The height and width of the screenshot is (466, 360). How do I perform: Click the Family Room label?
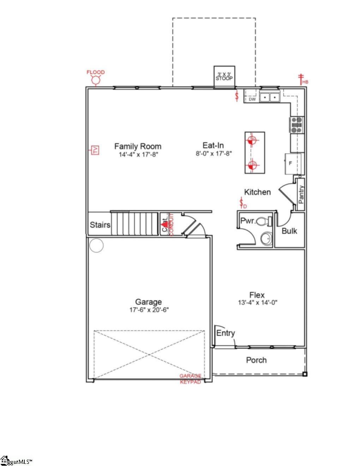click(138, 146)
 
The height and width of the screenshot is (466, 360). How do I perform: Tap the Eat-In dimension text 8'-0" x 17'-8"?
click(214, 154)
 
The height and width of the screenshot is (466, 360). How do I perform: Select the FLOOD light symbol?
click(96, 80)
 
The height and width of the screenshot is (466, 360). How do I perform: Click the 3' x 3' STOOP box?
click(224, 76)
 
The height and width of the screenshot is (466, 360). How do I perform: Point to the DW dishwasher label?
click(252, 100)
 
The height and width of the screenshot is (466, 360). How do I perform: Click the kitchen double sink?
click(270, 97)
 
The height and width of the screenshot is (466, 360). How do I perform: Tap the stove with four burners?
click(297, 125)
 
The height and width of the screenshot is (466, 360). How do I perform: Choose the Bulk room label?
click(289, 231)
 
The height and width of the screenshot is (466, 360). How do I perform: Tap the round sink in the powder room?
click(266, 239)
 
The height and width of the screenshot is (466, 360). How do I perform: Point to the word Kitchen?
click(258, 192)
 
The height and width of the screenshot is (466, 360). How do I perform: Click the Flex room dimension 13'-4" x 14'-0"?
click(257, 303)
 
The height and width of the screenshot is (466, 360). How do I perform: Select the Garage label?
click(149, 302)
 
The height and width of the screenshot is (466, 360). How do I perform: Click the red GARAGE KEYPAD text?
click(191, 379)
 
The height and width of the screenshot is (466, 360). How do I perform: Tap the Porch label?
click(256, 360)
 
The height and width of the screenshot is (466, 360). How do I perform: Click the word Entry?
click(226, 333)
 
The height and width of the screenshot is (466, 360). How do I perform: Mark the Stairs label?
click(100, 225)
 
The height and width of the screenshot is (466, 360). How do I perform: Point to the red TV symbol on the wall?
click(95, 150)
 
